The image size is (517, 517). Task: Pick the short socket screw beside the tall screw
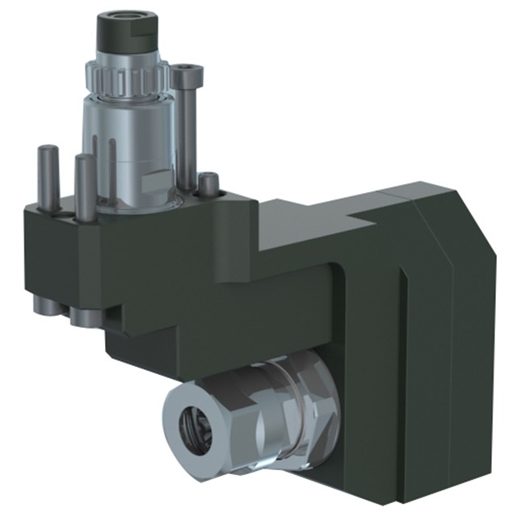208,184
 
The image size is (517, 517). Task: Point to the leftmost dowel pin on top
48,174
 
